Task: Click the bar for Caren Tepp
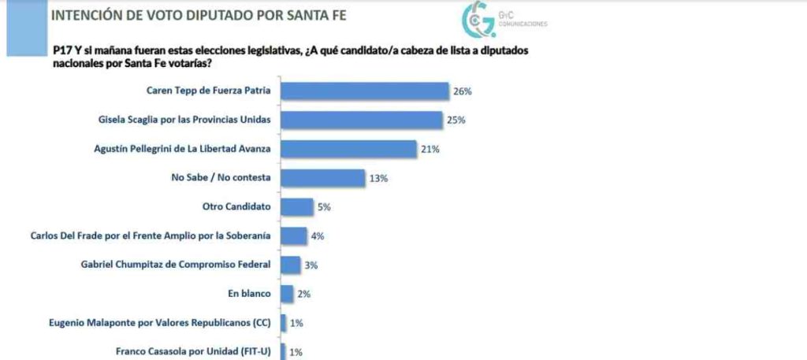(x=365, y=91)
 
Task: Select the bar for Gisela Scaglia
(x=361, y=120)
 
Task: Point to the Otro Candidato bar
(x=297, y=207)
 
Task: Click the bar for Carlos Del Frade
(x=294, y=236)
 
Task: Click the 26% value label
(x=462, y=92)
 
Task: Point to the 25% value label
(x=456, y=121)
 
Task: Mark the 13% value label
(x=378, y=179)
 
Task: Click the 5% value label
(x=323, y=207)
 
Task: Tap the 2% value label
(x=303, y=295)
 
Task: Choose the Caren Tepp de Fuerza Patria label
(x=209, y=91)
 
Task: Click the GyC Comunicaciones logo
(x=496, y=20)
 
